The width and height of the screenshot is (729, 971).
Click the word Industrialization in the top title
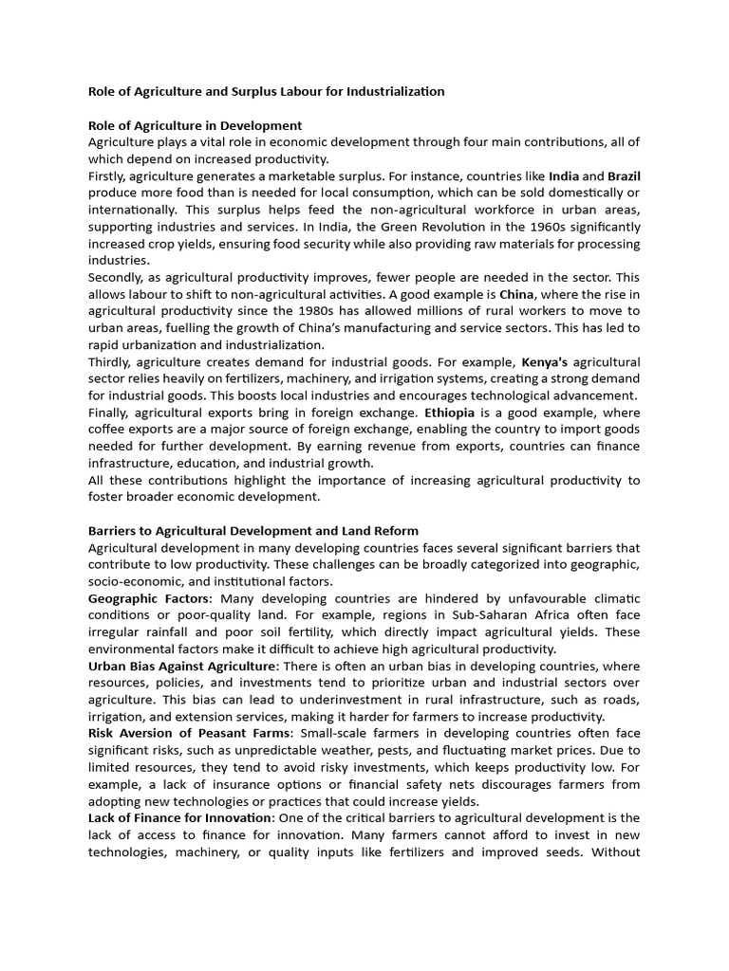[x=389, y=91]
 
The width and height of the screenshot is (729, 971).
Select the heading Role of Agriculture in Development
[x=195, y=125]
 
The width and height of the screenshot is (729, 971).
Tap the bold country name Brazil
[x=624, y=175]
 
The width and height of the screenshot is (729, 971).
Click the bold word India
[x=564, y=175]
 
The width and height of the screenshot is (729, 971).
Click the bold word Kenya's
[x=545, y=362]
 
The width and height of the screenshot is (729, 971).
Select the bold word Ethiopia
[x=454, y=412]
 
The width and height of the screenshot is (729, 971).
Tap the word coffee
[x=109, y=430]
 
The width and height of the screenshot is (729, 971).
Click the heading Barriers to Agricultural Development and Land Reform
[x=252, y=531]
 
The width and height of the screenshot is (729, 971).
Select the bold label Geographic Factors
[x=147, y=599]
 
